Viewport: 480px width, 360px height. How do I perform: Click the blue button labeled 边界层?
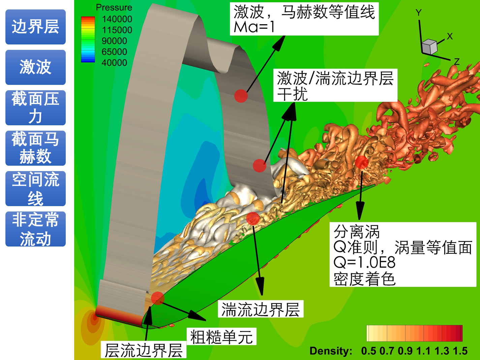pyautogui.click(x=35, y=27)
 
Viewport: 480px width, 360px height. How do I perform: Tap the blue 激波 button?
pyautogui.click(x=35, y=67)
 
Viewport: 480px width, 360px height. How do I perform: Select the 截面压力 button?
pyautogui.click(x=35, y=107)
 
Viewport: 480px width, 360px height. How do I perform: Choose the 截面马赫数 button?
pyautogui.click(x=35, y=148)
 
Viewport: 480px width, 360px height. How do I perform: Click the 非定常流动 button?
pyautogui.click(x=35, y=229)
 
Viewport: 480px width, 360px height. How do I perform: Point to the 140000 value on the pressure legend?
pyautogui.click(x=117, y=19)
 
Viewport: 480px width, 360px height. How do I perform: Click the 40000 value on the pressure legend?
pyautogui.click(x=114, y=63)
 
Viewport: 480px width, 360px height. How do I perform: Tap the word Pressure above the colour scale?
pyautogui.click(x=114, y=7)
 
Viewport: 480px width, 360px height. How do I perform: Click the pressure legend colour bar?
pyautogui.click(x=88, y=39)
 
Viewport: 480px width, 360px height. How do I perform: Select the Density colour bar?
pyautogui.click(x=414, y=333)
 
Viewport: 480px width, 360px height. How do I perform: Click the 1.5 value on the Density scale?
pyautogui.click(x=460, y=351)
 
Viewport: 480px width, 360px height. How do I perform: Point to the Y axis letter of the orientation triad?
pyautogui.click(x=419, y=13)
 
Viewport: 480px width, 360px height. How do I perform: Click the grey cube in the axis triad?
pyautogui.click(x=429, y=46)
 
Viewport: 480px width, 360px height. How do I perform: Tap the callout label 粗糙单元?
pyautogui.click(x=221, y=337)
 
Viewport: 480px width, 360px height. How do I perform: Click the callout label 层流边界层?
pyautogui.click(x=144, y=350)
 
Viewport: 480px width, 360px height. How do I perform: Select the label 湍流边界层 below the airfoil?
pyautogui.click(x=260, y=309)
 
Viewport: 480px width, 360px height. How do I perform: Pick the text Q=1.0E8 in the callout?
pyautogui.click(x=364, y=262)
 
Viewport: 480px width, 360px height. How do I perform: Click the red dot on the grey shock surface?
pyautogui.click(x=241, y=96)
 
